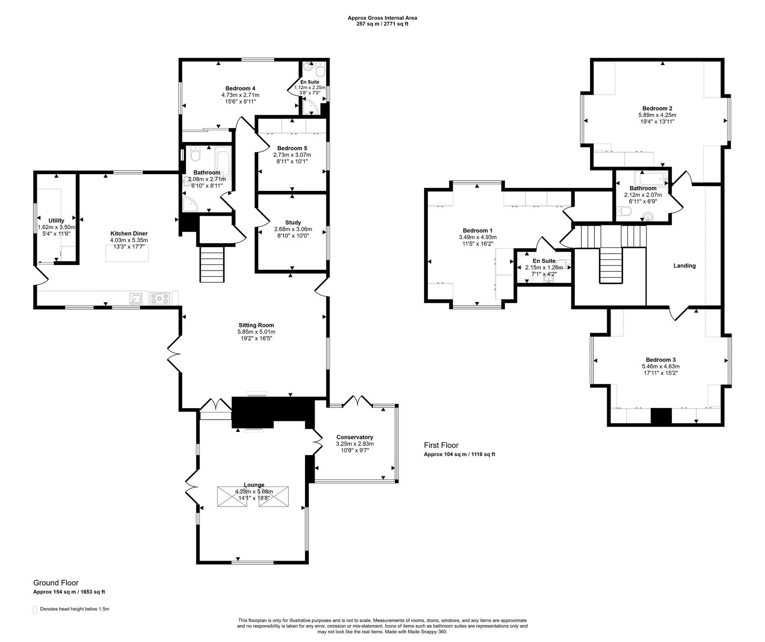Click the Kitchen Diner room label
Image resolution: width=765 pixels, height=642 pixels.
(x=129, y=233)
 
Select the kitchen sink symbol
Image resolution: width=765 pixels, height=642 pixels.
(x=136, y=299)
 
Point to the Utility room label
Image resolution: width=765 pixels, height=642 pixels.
(x=56, y=221)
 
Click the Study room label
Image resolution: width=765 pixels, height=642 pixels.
(x=293, y=222)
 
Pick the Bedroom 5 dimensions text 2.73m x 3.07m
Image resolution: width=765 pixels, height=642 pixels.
(x=292, y=155)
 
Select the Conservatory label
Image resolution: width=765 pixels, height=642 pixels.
(x=354, y=437)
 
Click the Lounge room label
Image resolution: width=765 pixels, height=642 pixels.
(x=253, y=485)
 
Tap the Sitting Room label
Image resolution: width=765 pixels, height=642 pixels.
(x=256, y=325)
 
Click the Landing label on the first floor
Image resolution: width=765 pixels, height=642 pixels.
(x=684, y=266)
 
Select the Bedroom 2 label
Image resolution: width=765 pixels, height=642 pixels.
(x=657, y=108)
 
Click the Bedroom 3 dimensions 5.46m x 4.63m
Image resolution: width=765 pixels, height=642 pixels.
(x=660, y=366)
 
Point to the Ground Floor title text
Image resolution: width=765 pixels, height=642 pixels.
(x=55, y=583)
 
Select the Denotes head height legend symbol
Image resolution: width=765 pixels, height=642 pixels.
(x=35, y=609)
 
